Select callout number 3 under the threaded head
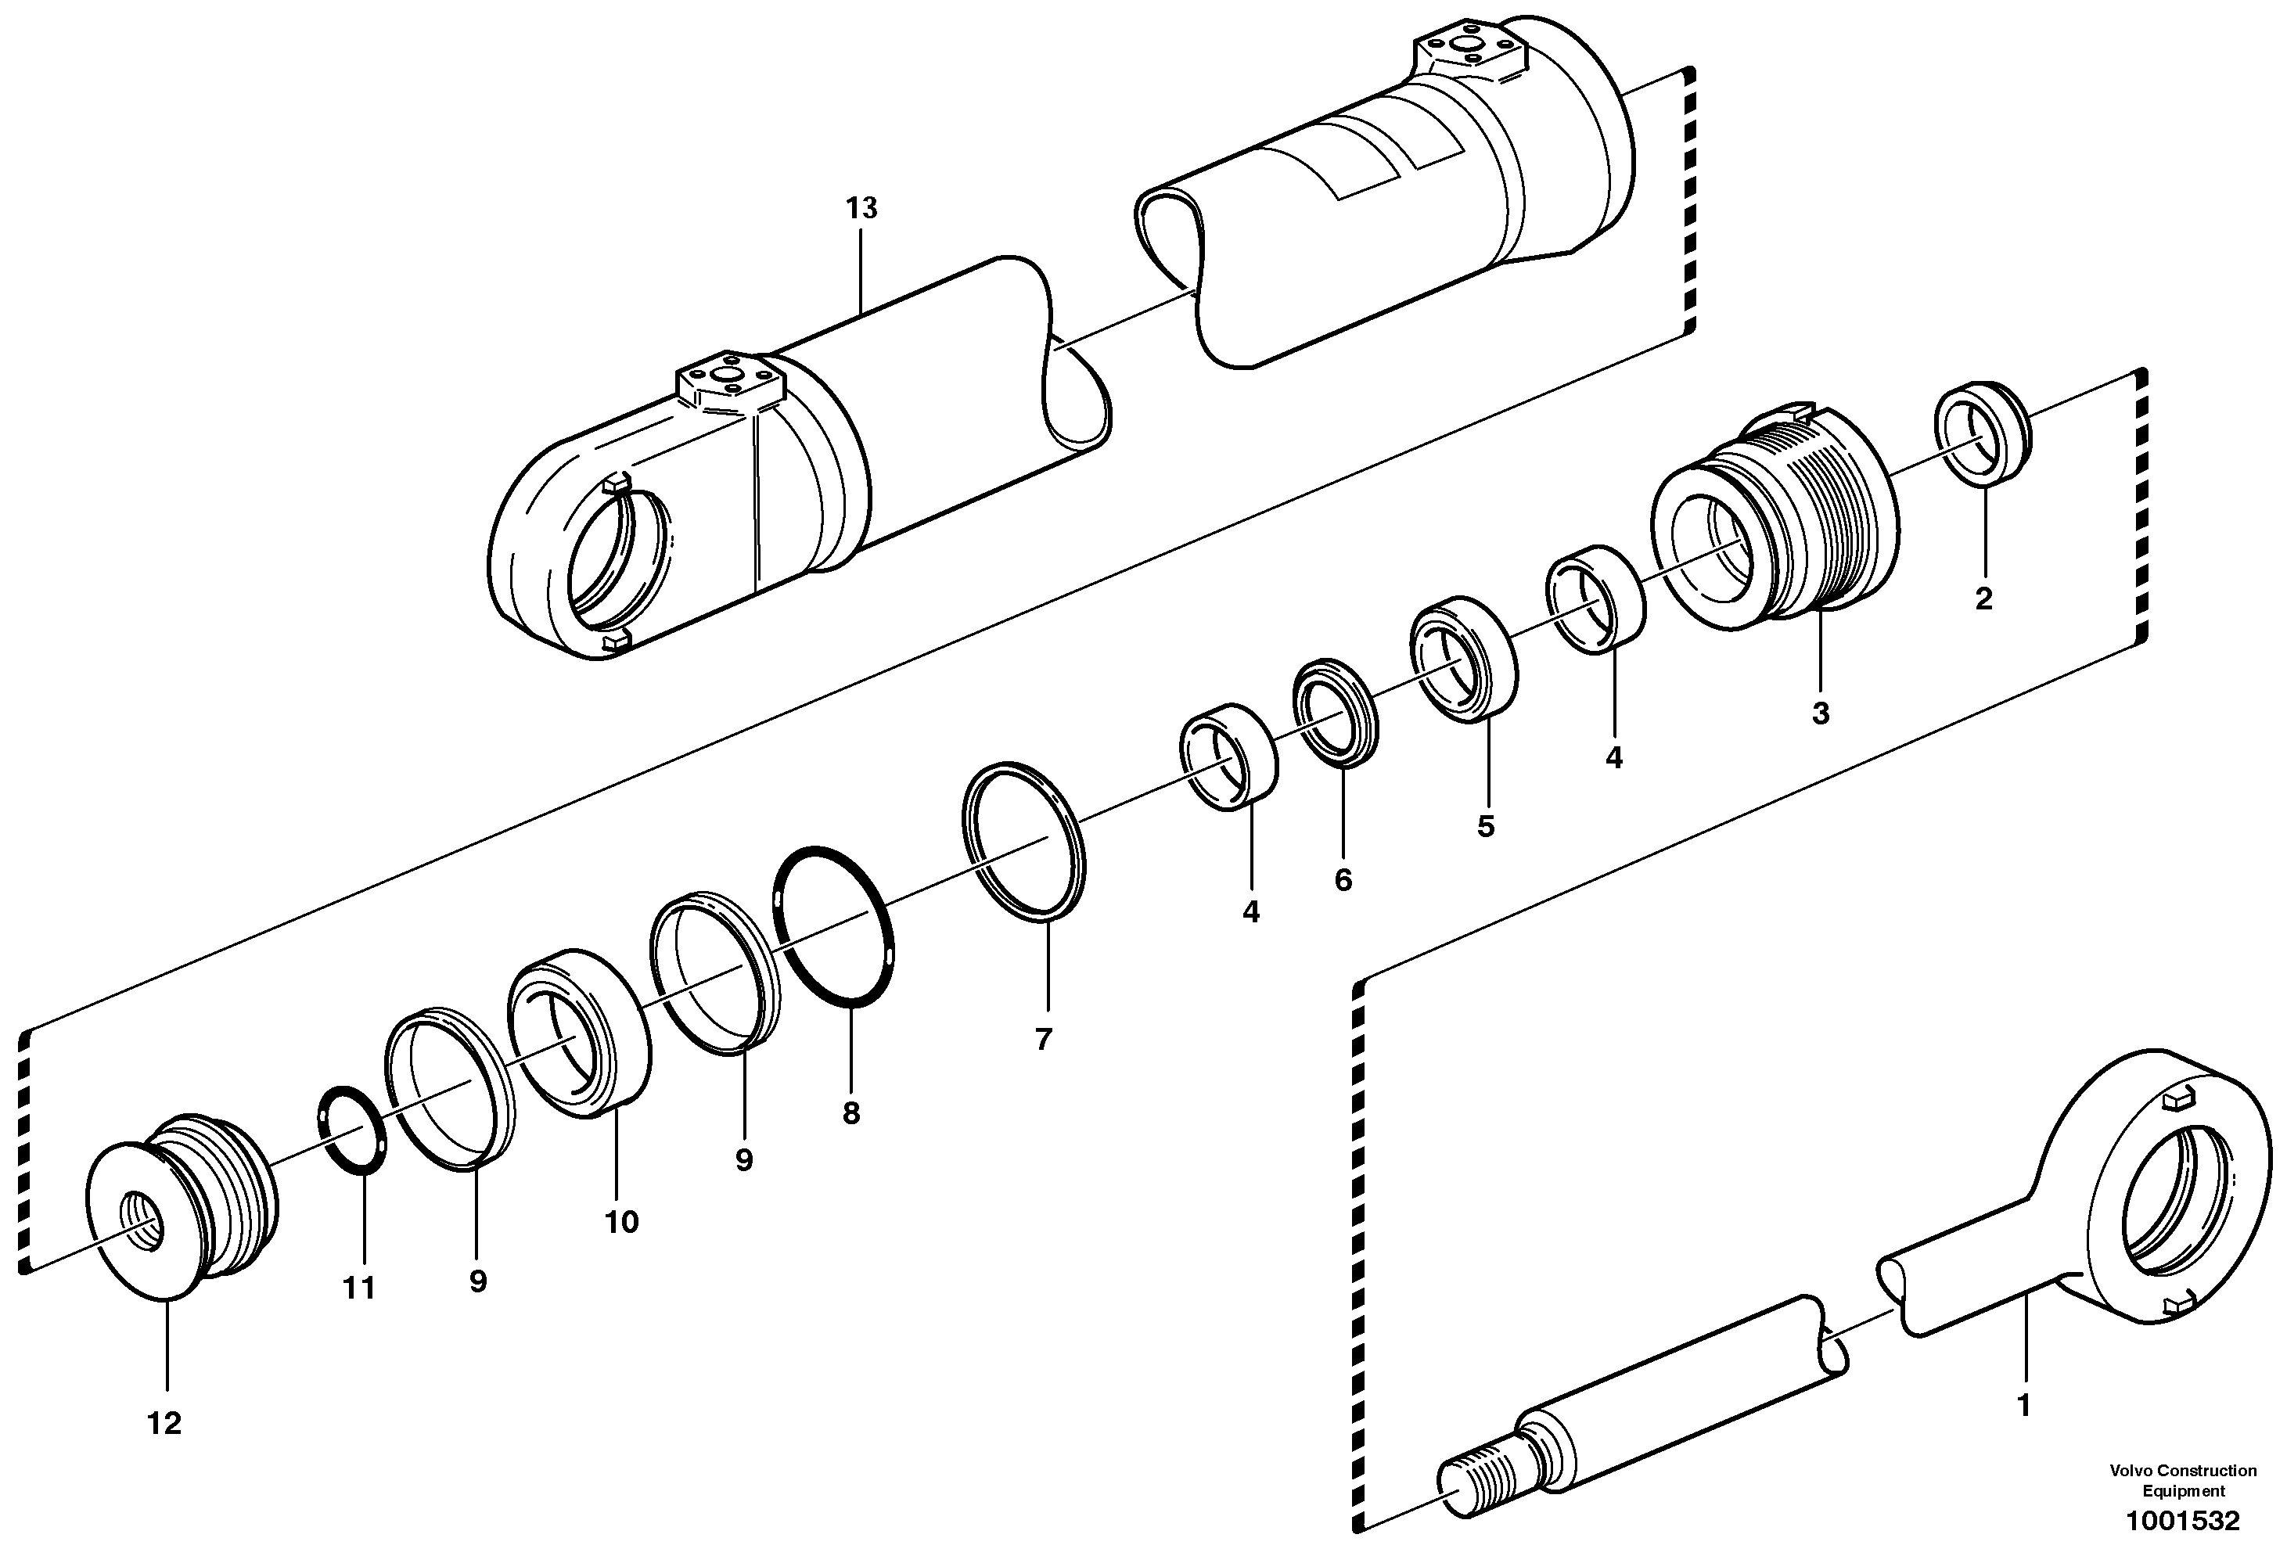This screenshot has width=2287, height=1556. (1820, 713)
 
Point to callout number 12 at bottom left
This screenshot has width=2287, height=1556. (164, 1423)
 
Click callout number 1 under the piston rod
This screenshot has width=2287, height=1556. (2023, 1407)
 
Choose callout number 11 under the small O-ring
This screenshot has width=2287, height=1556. (358, 1288)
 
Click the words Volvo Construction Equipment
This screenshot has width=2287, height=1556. (2181, 1479)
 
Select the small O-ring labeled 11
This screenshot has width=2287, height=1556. (351, 1130)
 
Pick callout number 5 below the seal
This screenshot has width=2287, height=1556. (1485, 826)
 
